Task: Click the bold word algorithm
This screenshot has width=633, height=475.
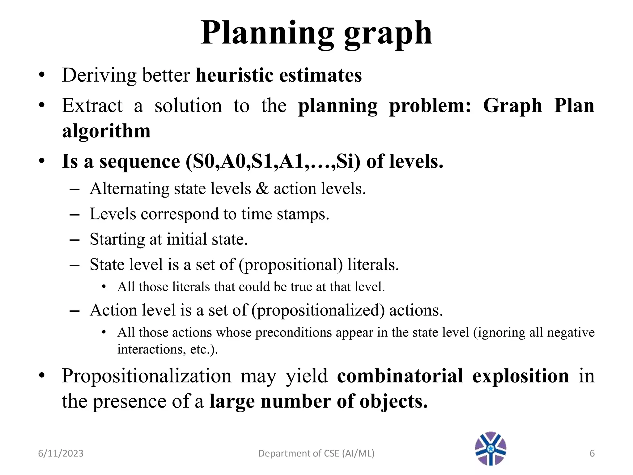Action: click(106, 131)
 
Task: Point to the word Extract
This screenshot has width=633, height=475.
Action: click(92, 106)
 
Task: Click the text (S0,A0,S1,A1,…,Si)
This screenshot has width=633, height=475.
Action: click(273, 161)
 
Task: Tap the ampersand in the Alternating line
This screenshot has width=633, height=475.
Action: click(262, 189)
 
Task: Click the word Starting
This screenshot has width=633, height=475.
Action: click(117, 239)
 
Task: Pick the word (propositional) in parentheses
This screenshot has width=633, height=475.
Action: click(291, 265)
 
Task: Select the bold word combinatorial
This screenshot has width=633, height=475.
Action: click(400, 376)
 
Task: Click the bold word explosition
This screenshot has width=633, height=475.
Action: click(520, 376)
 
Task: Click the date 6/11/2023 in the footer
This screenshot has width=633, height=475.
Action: click(61, 453)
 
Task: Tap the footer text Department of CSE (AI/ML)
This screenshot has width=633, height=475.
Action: click(316, 453)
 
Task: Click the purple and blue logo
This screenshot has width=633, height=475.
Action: click(491, 448)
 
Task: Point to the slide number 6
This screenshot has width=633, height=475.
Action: click(592, 453)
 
